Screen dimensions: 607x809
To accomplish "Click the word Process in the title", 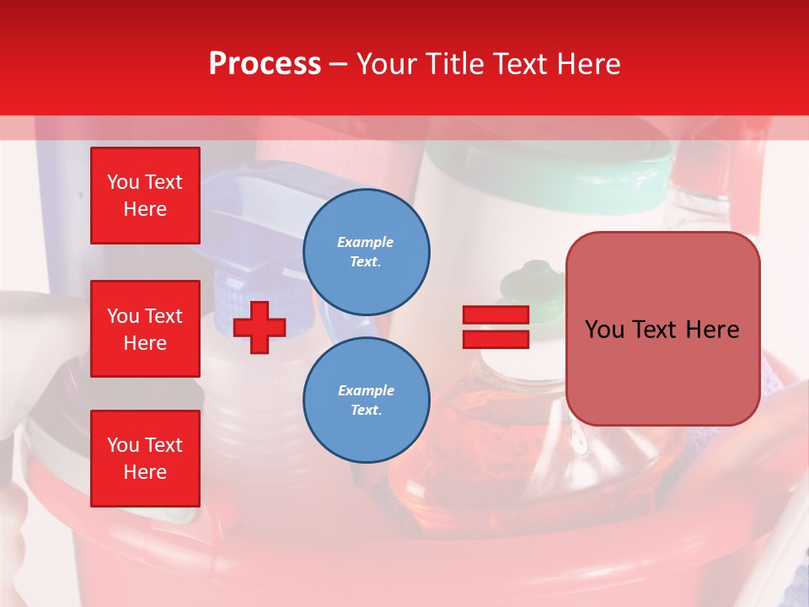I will tap(265, 64).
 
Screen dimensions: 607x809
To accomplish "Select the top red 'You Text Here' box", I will tap(145, 196).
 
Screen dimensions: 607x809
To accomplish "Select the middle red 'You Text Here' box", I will tap(145, 329).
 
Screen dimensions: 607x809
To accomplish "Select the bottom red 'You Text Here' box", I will tap(145, 459).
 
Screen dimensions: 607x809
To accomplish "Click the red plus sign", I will tap(260, 327).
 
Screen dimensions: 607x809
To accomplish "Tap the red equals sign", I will tap(496, 327).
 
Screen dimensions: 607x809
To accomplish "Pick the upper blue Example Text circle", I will tap(367, 252).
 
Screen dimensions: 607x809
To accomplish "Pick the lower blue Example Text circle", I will tap(367, 400).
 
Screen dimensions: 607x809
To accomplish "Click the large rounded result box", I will tap(662, 329).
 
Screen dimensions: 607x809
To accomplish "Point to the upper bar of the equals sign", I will tap(496, 315).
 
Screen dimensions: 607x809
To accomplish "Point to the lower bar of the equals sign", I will tap(496, 340).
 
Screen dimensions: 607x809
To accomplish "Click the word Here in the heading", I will tap(587, 64).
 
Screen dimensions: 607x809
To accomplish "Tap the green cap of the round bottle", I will tap(524, 281).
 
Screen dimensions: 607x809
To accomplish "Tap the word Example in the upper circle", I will tap(366, 242).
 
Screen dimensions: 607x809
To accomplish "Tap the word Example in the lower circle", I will tap(366, 390).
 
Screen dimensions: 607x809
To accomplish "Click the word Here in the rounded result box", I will tap(713, 330).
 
